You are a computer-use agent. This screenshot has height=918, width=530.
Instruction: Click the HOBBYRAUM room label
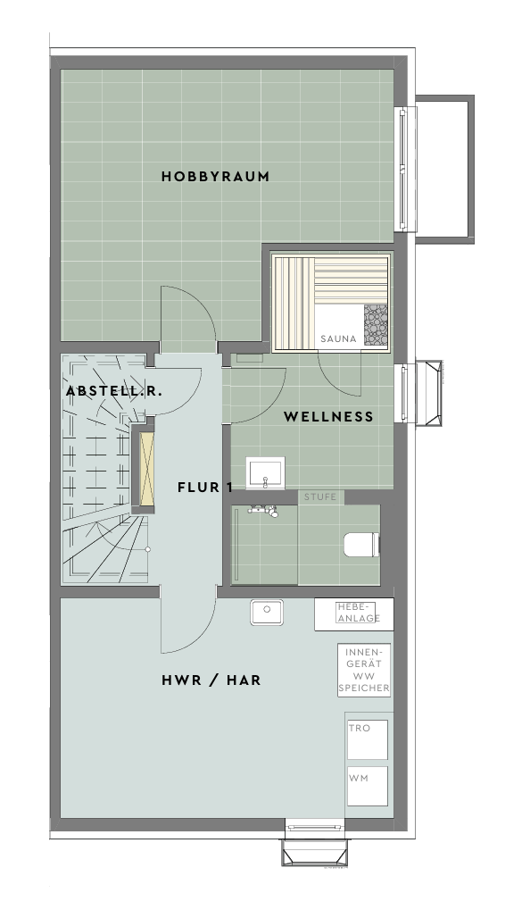click(x=215, y=176)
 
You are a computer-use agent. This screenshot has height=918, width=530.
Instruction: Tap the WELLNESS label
click(x=328, y=417)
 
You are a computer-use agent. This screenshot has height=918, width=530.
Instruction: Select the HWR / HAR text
click(x=211, y=680)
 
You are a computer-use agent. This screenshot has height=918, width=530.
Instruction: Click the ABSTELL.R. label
click(x=114, y=391)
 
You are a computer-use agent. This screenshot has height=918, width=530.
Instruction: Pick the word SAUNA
click(x=338, y=338)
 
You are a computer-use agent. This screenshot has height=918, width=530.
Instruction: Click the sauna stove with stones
click(x=376, y=326)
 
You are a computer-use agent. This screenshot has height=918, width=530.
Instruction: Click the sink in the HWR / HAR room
click(x=267, y=612)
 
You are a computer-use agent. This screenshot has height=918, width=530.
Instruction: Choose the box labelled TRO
click(x=368, y=740)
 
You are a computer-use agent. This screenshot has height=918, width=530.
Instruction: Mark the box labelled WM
click(x=368, y=786)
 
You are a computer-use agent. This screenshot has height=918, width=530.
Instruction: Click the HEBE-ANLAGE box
click(x=354, y=614)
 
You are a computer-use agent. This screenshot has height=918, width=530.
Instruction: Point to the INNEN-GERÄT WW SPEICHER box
click(x=363, y=670)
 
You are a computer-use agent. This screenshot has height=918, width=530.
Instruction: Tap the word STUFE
click(x=320, y=497)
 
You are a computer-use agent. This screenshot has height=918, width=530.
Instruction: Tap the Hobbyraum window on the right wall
click(x=403, y=169)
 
